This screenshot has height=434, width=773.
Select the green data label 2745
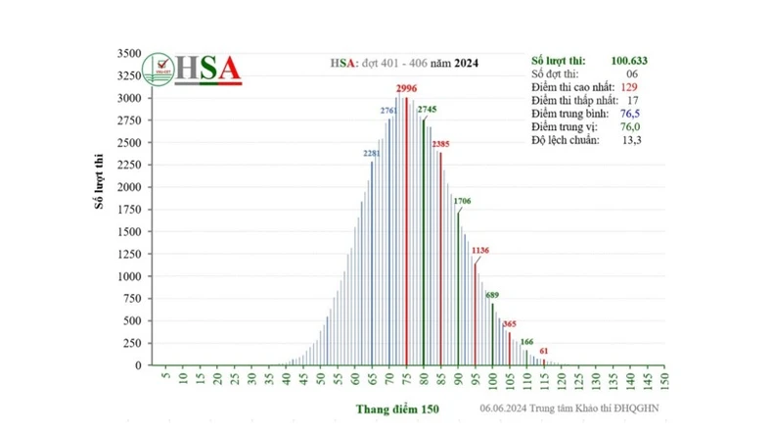point(428,109)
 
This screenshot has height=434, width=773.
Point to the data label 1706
point(461,201)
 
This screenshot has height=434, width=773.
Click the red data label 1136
point(479,252)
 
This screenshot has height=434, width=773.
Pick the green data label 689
point(492,295)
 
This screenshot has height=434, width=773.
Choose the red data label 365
point(509,323)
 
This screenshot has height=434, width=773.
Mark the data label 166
point(526,341)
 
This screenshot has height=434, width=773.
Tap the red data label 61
point(544,351)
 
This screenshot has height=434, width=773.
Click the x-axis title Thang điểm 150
point(397,409)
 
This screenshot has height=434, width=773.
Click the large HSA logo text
point(207,69)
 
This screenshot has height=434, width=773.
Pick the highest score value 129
point(631,87)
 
